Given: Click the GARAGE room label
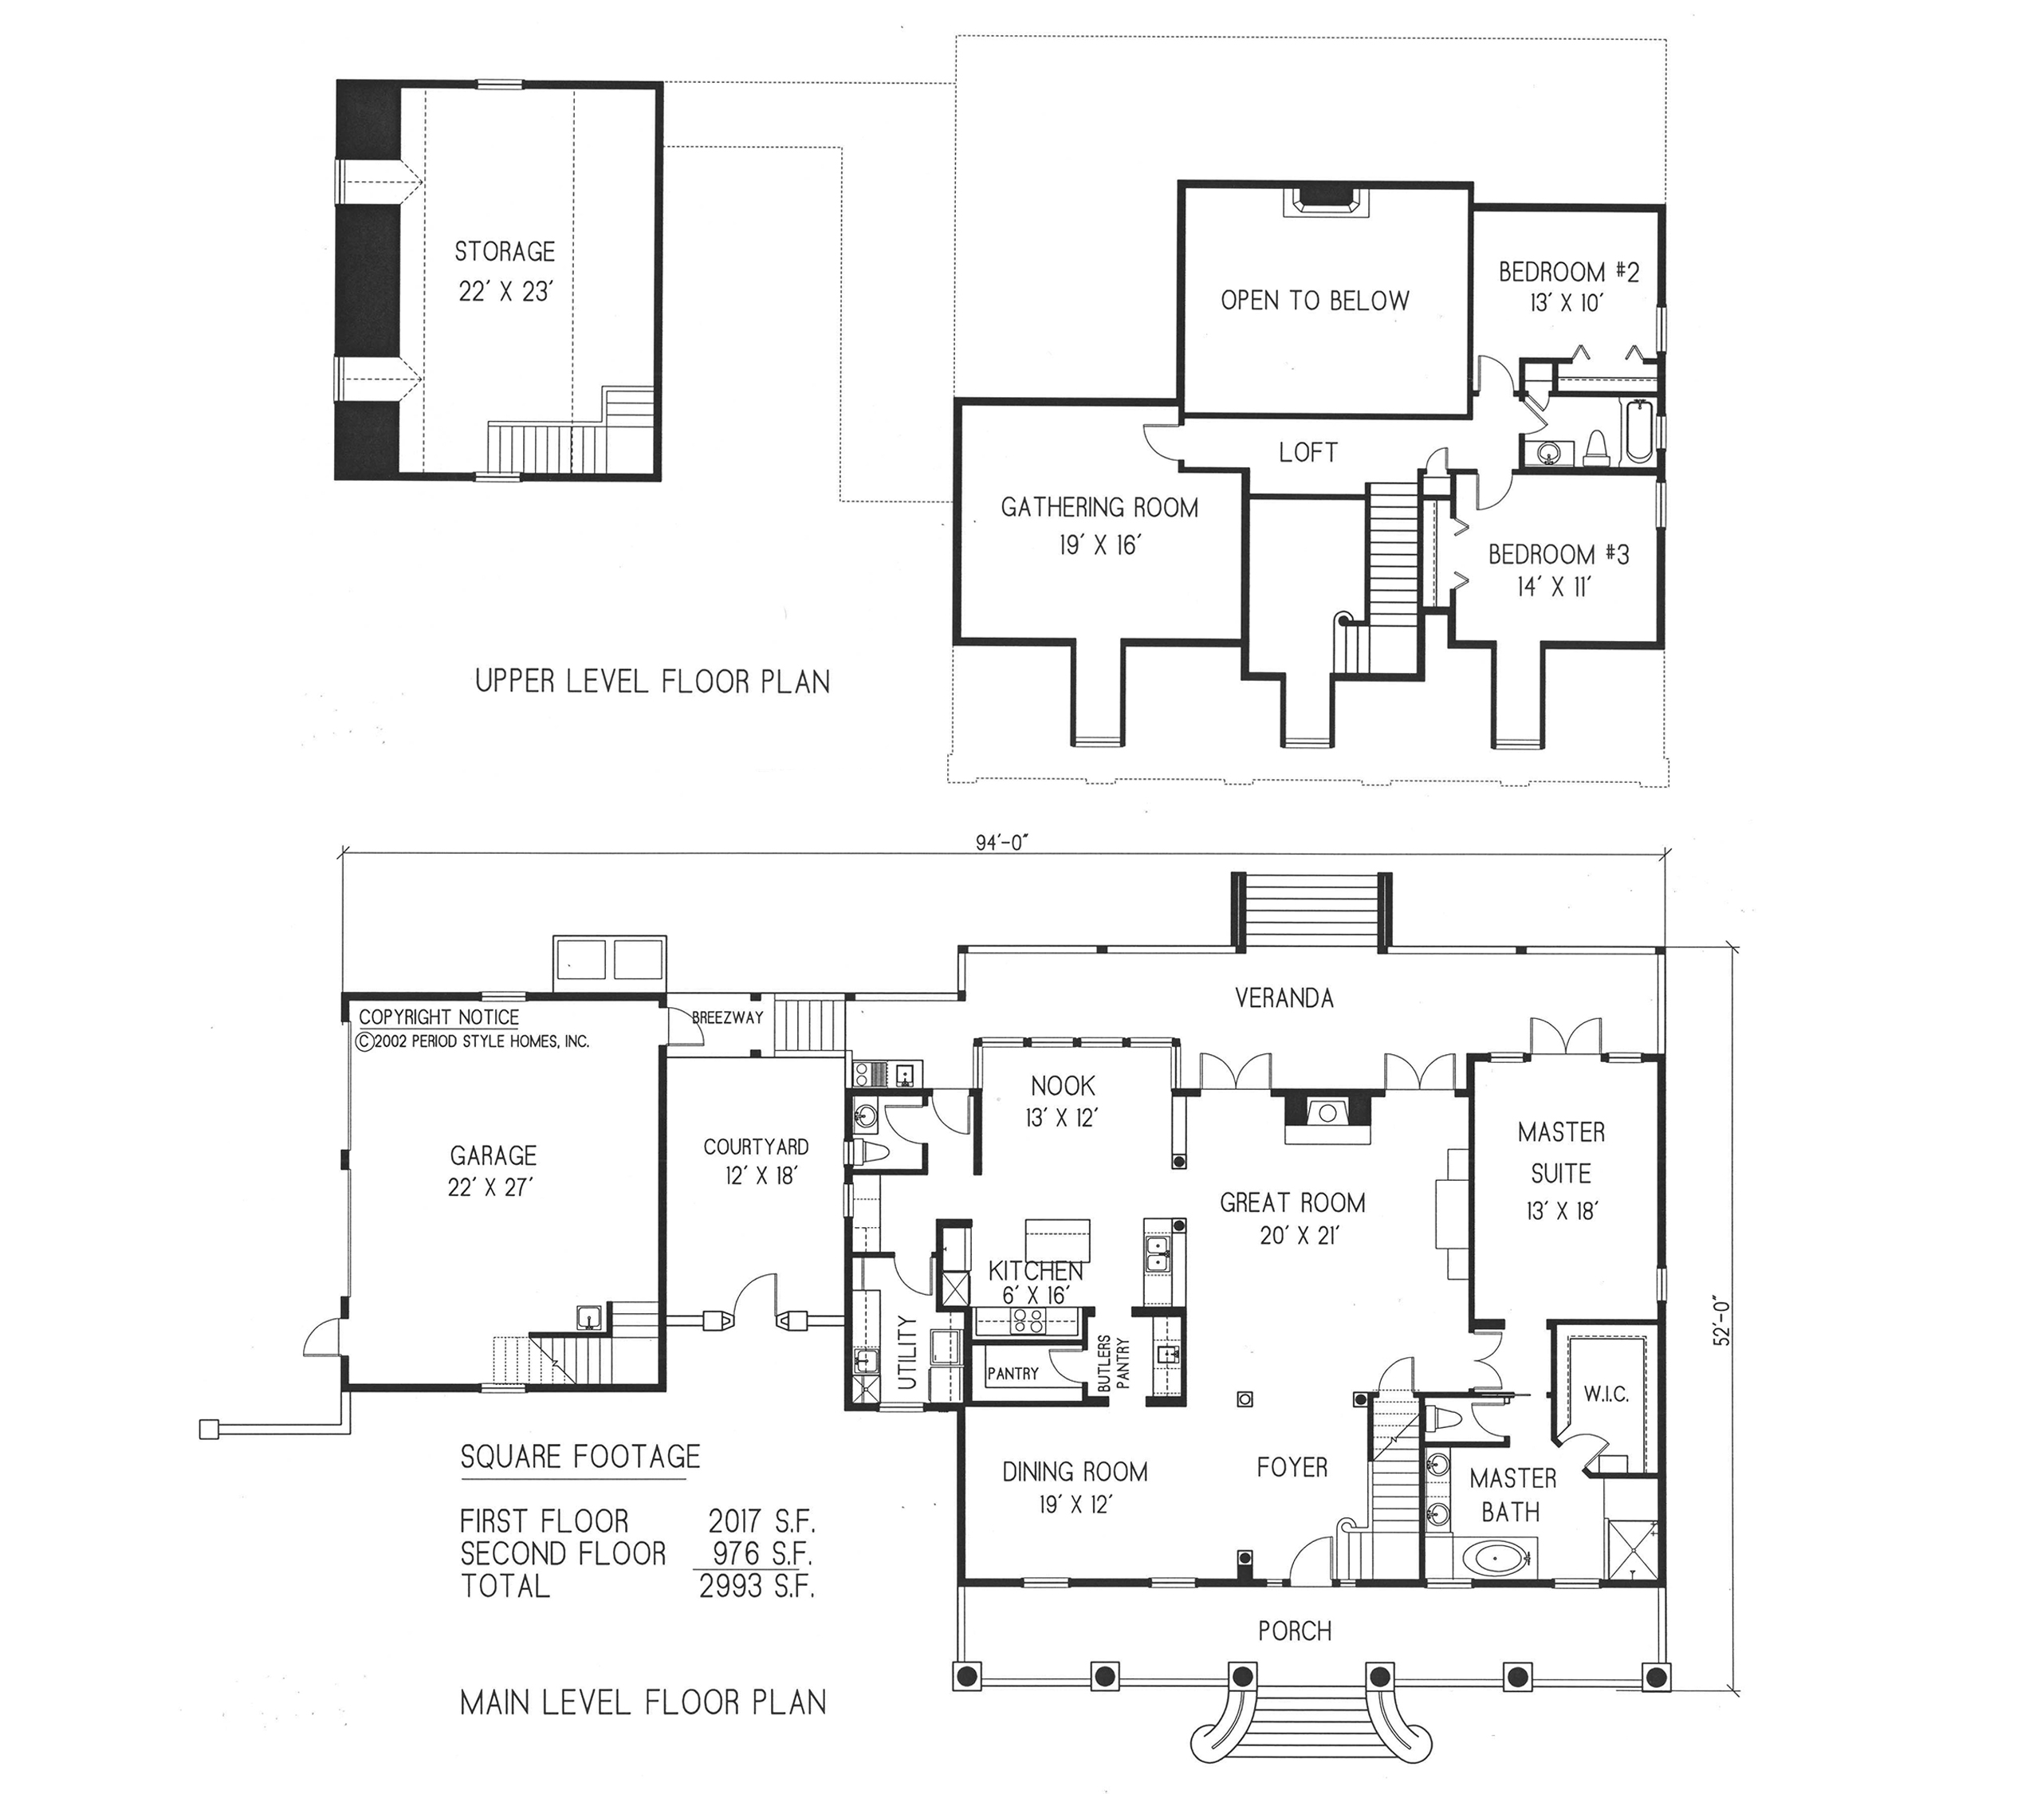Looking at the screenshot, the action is [493, 1155].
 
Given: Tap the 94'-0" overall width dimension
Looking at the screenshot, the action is [1001, 842].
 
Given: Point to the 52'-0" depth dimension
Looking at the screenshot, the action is [1723, 1322].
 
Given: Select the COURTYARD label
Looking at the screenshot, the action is [756, 1147].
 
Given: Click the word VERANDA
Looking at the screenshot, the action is [1284, 998].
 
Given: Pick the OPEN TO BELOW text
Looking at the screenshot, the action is [1315, 301].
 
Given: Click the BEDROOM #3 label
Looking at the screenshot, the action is [1559, 554].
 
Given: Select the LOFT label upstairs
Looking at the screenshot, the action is [1308, 452].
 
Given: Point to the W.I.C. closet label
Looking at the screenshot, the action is [1606, 1395].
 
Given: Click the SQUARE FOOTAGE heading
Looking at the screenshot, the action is [581, 1457].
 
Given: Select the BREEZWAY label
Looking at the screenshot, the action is [728, 1018].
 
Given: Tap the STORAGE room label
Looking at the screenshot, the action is [505, 252].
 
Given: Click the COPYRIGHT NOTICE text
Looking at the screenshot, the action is [438, 1017].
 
